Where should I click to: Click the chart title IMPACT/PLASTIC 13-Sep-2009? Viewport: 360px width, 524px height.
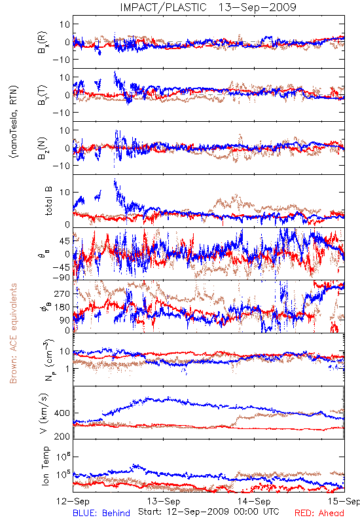click(208, 7)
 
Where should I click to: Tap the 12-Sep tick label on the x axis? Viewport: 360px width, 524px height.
click(73, 502)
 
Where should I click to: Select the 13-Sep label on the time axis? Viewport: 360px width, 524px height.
click(164, 502)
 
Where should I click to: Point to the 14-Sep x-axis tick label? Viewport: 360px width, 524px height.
click(254, 502)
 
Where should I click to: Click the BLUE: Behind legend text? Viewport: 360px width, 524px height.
click(101, 513)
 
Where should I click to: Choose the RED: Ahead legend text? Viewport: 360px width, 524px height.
click(319, 513)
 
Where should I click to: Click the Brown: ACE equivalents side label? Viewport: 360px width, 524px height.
click(13, 333)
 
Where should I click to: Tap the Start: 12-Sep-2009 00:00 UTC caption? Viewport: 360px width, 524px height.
click(209, 512)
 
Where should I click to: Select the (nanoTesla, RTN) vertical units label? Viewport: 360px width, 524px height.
click(14, 121)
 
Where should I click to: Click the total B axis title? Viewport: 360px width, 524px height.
click(48, 201)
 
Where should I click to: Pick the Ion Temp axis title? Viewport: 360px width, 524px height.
click(45, 466)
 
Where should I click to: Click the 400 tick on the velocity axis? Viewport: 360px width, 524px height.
click(62, 413)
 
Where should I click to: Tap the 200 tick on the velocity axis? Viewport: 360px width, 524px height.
click(62, 436)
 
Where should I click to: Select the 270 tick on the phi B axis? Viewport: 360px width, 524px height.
click(62, 293)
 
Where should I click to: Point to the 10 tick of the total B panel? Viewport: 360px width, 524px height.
click(65, 193)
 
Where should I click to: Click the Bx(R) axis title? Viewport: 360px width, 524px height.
click(43, 43)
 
